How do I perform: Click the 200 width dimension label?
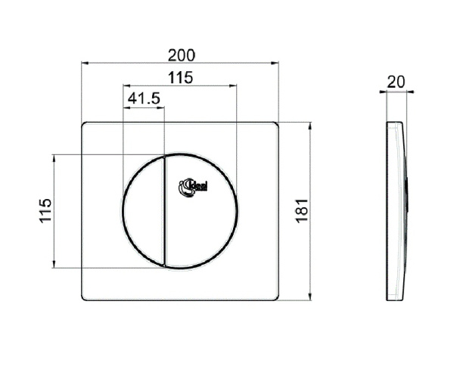click(181, 54)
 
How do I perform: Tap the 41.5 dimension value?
click(143, 98)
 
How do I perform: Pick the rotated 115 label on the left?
click(45, 211)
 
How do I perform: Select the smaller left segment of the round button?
click(142, 211)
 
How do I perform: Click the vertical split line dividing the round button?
click(164, 211)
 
